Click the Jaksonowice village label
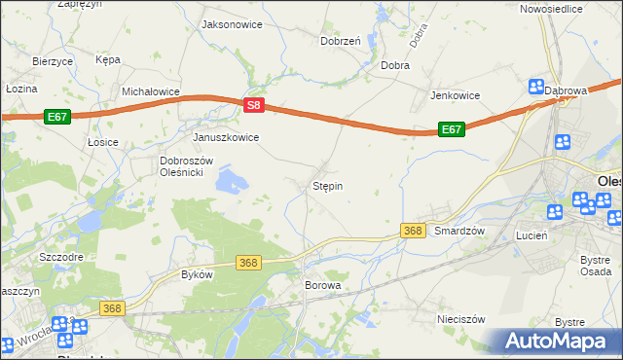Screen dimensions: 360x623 pos(232,23)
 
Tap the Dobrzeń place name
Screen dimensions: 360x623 pos(341,41)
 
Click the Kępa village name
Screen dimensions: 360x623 pos(108,59)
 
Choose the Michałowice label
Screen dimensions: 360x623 pos(151,91)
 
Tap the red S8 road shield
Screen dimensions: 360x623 pos(253,103)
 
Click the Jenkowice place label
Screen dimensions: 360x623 pos(457,95)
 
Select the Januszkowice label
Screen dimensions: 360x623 pos(226,137)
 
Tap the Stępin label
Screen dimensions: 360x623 pos(327,185)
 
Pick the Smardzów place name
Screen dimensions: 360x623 pos(459,232)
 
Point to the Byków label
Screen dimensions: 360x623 pos(197,274)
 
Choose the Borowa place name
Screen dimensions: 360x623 pos(323,286)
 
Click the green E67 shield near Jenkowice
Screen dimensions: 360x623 pos(450,128)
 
